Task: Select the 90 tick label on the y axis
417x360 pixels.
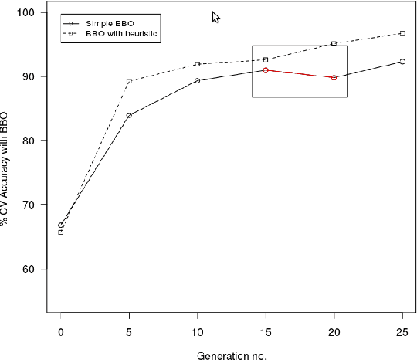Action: pos(29,76)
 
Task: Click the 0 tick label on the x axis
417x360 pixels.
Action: pos(61,331)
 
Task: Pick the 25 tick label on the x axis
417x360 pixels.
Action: pos(402,331)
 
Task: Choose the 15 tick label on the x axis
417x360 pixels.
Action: pos(266,331)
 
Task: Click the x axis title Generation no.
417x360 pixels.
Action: pos(231,355)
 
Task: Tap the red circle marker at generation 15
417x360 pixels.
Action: pos(266,70)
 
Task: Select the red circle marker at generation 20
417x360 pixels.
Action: pos(334,77)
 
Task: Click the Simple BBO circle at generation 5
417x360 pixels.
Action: pos(129,115)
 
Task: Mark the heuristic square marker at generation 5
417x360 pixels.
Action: pos(129,80)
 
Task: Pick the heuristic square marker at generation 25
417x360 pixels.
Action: pos(402,33)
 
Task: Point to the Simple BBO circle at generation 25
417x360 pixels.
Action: pos(402,61)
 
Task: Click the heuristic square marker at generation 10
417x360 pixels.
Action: pos(198,64)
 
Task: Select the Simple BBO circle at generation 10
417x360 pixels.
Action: pos(198,80)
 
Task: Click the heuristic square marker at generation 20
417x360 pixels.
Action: pos(334,43)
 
